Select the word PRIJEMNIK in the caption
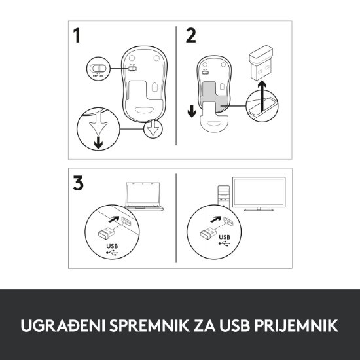(300, 325)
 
